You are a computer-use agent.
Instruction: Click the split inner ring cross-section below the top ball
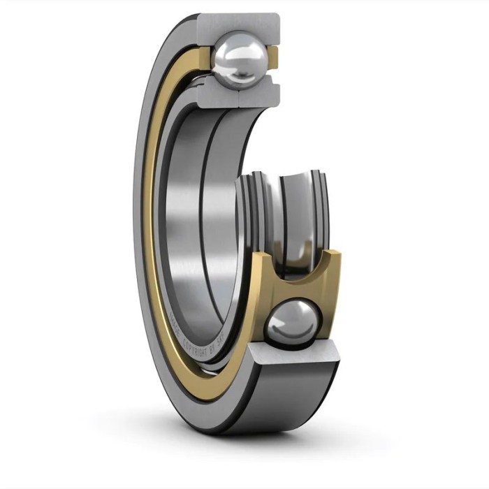238,92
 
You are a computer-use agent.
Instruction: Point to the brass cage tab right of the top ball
275,58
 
